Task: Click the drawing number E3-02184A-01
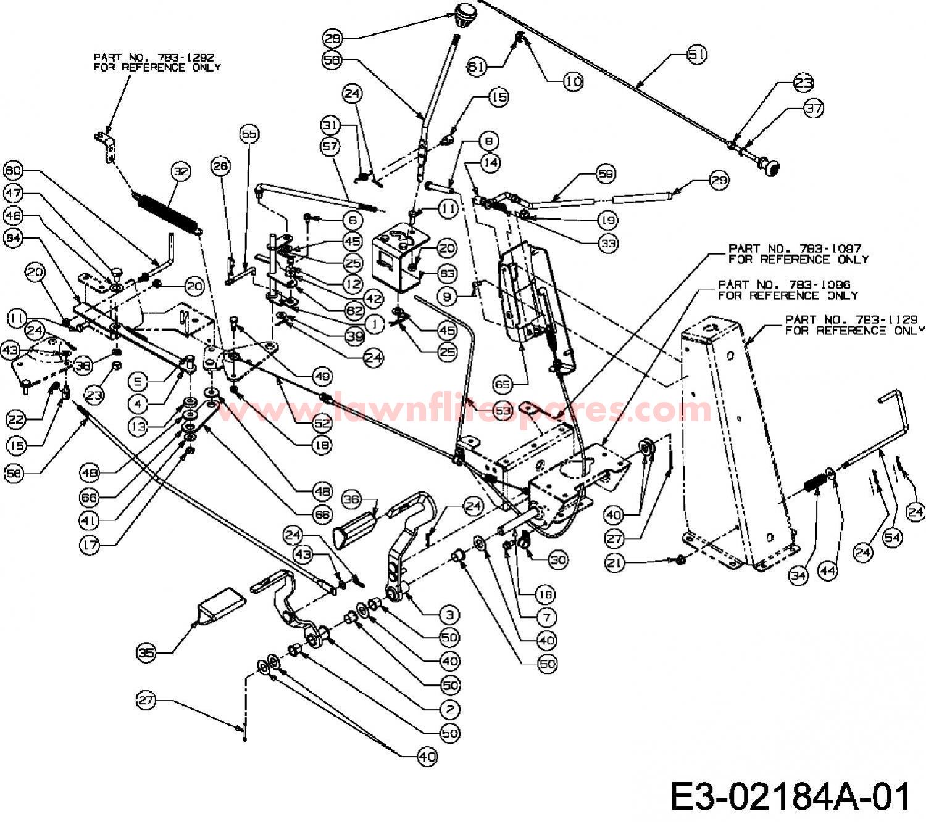pos(790,796)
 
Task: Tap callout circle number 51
pos(696,54)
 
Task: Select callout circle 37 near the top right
pos(813,109)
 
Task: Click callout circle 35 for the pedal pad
pos(146,652)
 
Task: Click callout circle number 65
pos(503,384)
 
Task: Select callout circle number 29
pos(703,181)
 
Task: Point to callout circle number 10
pos(574,81)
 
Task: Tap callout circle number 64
pos(14,238)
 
